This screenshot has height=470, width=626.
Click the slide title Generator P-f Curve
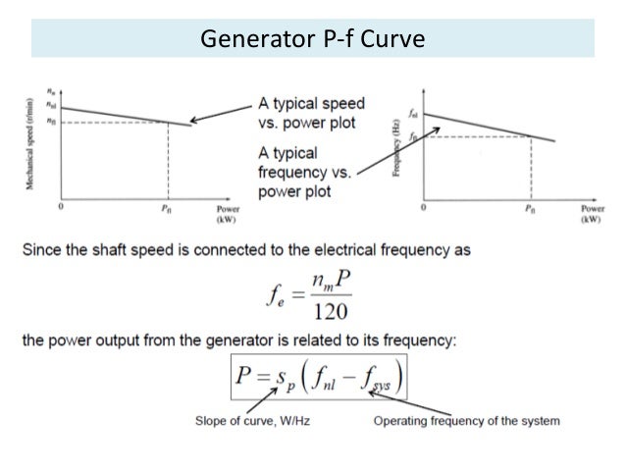[313, 40]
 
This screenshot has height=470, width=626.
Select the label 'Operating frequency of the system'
[467, 421]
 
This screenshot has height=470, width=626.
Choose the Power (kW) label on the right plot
[591, 215]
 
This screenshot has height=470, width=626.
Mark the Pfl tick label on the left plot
[166, 209]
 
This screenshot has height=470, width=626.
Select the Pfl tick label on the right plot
[530, 209]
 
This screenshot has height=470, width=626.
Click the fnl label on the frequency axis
[413, 113]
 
